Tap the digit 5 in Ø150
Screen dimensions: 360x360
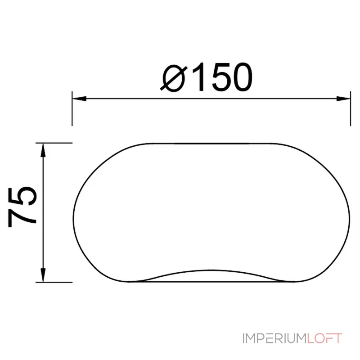coord(220,77)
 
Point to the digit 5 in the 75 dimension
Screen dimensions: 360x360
coord(22,196)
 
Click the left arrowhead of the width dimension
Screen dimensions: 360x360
coord(79,99)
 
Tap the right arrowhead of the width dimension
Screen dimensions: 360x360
coord(343,99)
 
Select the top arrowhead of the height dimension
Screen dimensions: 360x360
coord(43,150)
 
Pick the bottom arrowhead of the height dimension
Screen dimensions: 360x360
coord(43,275)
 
